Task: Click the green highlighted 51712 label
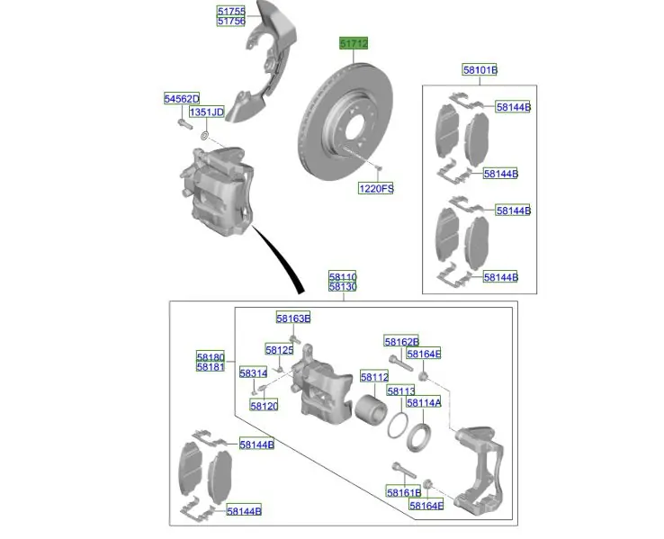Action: (x=354, y=43)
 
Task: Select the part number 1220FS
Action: (x=376, y=188)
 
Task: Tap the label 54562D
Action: (x=182, y=99)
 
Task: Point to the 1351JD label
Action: (x=207, y=112)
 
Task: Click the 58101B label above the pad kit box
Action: (x=480, y=70)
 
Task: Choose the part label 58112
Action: (x=374, y=377)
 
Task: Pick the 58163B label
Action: (x=293, y=318)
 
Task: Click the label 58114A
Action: (x=424, y=402)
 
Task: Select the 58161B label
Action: (x=404, y=492)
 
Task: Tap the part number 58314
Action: (x=253, y=373)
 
